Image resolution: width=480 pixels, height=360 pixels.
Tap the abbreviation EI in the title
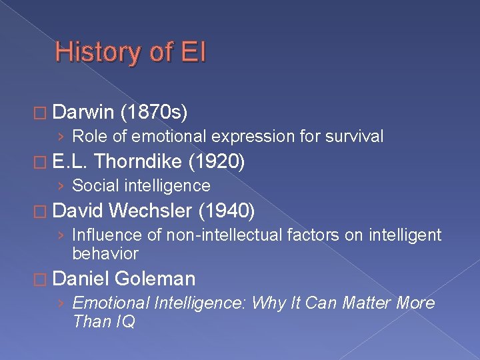193,53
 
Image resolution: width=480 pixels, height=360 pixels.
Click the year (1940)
227,211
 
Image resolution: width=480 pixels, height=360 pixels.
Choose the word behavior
105,254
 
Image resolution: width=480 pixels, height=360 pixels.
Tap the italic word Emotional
111,303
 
